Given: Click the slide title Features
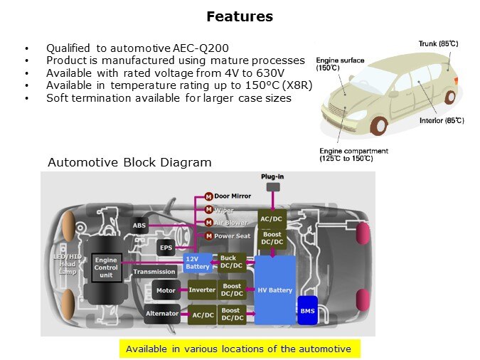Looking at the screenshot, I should tap(240, 16).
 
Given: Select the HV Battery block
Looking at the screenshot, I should tap(275, 290).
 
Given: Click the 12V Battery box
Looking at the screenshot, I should tap(198, 263).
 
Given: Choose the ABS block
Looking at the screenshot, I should tap(139, 226).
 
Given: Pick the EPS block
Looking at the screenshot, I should tap(166, 248).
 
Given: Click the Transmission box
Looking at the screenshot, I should tap(154, 271).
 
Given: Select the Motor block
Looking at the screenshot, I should tap(165, 290).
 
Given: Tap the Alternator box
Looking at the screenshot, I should tap(161, 313).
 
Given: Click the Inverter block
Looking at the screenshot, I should tap(202, 290).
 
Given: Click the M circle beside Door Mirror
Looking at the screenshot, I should tap(209, 196).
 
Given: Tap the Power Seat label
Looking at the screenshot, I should tap(233, 236).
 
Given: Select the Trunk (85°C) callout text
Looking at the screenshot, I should tap(437, 43).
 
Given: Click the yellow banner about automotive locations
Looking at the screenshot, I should tap(238, 349).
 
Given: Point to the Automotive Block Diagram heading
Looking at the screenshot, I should tap(129, 162).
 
